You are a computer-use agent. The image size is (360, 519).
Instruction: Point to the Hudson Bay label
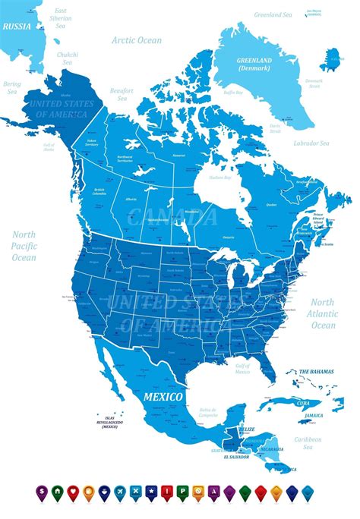coord(219,176)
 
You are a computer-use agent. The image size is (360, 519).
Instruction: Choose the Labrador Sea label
coord(312,143)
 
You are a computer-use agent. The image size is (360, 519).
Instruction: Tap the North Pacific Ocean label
coord(24,246)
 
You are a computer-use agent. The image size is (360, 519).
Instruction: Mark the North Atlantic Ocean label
coord(323,313)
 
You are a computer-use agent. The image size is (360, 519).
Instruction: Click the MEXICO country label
coord(164,397)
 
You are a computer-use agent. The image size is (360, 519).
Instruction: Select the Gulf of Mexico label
coord(242,368)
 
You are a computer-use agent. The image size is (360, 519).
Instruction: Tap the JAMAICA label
coord(314,416)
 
